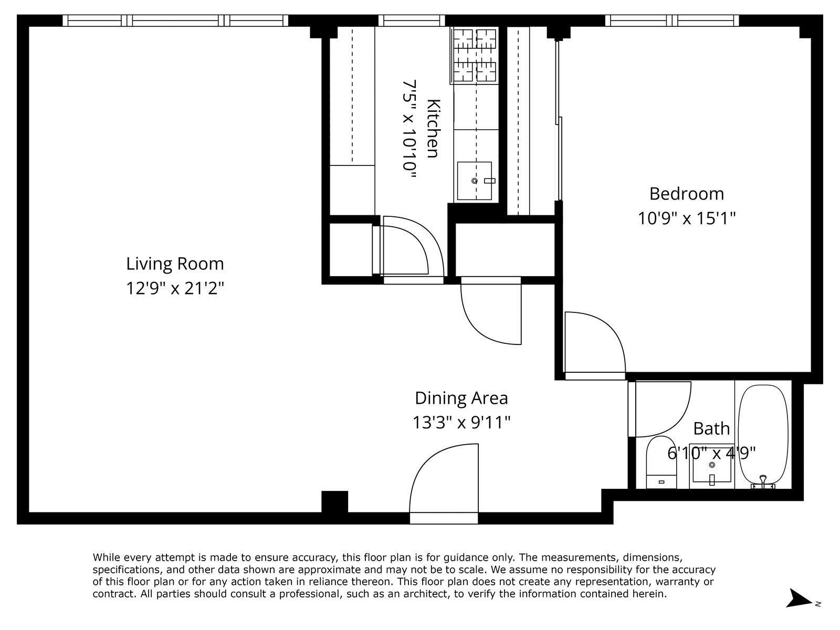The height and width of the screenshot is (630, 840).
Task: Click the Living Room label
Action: point(175,264)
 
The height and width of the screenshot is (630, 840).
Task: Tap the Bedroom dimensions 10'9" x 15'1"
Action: point(687,218)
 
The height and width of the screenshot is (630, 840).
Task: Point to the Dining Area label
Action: point(461,398)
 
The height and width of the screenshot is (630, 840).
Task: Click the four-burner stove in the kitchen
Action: point(475,55)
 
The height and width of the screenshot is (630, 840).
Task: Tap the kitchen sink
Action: point(475,181)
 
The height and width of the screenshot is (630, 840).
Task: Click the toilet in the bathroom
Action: point(661,463)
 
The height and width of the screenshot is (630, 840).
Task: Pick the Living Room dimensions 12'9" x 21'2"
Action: point(175,288)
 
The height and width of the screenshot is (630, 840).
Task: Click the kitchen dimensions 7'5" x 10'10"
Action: point(409,129)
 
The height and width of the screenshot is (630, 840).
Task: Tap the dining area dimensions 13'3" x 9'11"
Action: point(461,423)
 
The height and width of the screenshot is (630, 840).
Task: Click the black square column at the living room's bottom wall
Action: point(334,502)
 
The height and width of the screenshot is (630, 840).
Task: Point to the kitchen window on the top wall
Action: point(412,20)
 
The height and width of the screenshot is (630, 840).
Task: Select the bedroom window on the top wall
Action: point(672,20)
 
